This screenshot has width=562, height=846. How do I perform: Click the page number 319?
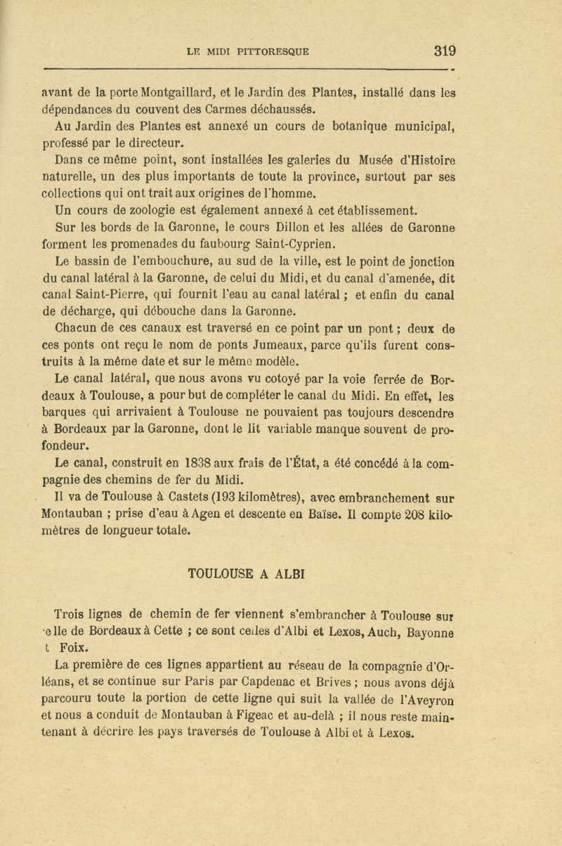point(445,51)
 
